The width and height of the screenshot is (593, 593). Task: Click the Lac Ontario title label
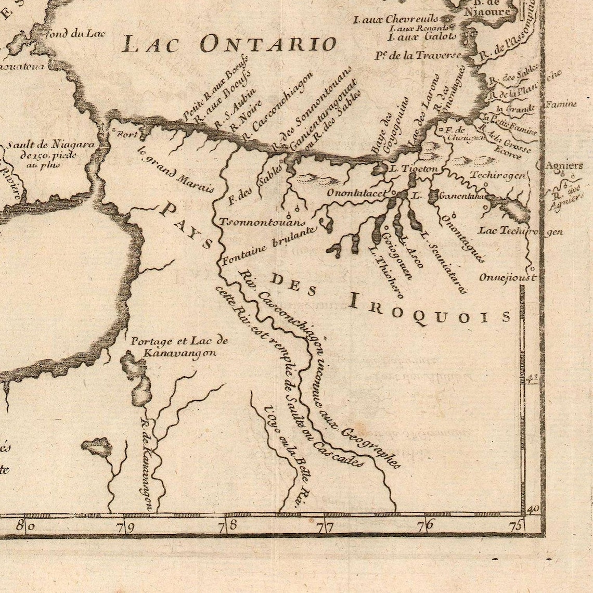tap(229, 44)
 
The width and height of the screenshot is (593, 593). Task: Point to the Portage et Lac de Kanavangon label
tap(179, 346)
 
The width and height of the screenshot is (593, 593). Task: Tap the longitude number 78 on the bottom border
tap(228, 525)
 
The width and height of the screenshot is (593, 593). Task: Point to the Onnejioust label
tap(507, 277)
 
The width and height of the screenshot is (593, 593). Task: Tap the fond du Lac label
tap(76, 34)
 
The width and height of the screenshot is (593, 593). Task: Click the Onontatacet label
tap(356, 193)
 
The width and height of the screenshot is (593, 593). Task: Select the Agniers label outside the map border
tap(564, 166)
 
